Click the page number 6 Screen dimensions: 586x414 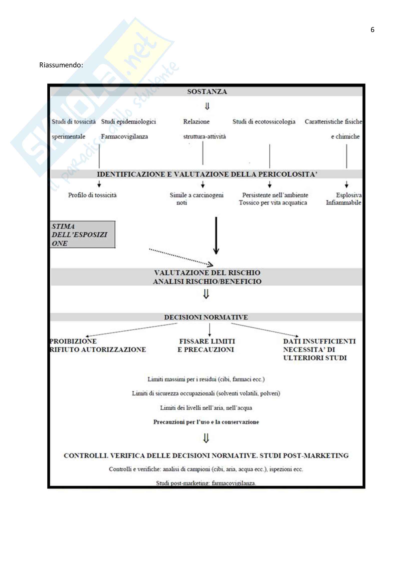click(372, 30)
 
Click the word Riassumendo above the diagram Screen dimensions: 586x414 click(61, 65)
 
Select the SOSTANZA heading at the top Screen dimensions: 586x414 click(207, 92)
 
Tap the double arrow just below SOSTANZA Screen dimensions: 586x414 click(207, 106)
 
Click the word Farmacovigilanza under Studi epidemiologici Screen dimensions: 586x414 click(124, 137)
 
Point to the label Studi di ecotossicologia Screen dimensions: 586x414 click(264, 122)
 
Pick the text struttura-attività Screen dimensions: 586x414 click(204, 137)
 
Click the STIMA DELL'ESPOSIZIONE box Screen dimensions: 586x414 click(82, 235)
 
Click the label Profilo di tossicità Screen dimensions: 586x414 click(92, 195)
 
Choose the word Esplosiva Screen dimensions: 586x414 click(348, 195)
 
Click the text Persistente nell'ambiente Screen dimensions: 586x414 click(275, 195)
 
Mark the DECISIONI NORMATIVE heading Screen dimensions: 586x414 click(206, 317)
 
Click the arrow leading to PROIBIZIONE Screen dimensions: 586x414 click(131, 330)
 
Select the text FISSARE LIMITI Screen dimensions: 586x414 click(207, 341)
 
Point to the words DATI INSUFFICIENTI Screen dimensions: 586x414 click(319, 341)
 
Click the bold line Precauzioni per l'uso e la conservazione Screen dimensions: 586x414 click(206, 422)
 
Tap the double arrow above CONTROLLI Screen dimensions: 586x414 click(206, 438)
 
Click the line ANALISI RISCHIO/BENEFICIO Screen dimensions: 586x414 click(207, 282)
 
